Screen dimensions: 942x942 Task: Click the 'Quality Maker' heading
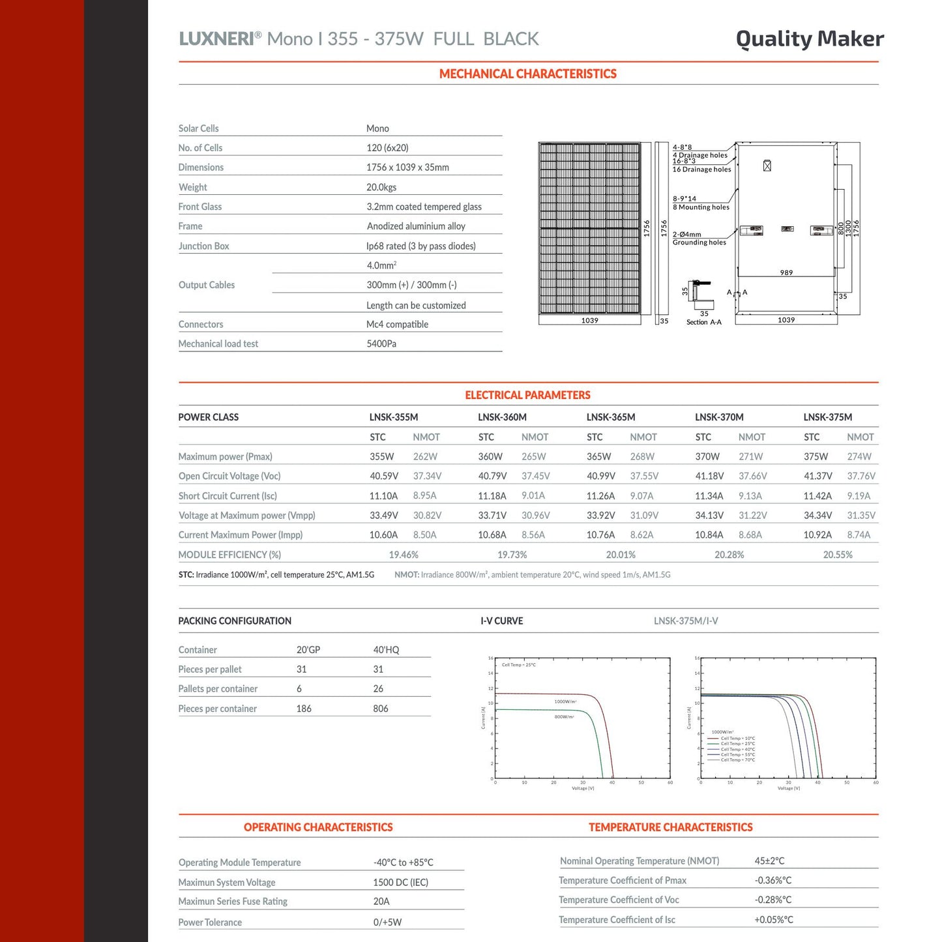pyautogui.click(x=810, y=39)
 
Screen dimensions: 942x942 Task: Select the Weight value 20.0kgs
pyautogui.click(x=381, y=187)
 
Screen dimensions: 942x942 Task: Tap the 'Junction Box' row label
pyautogui.click(x=204, y=246)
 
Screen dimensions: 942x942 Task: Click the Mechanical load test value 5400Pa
pyautogui.click(x=381, y=344)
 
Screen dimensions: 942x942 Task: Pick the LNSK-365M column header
pyautogui.click(x=611, y=417)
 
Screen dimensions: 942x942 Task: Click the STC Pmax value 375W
pyautogui.click(x=816, y=456)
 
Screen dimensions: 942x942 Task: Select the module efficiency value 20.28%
pyautogui.click(x=729, y=555)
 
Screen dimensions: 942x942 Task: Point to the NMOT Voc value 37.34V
pyautogui.click(x=427, y=476)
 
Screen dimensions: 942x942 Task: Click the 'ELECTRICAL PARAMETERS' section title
pyautogui.click(x=527, y=395)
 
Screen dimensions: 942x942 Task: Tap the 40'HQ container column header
pyautogui.click(x=386, y=650)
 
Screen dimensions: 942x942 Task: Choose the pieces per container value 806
pyautogui.click(x=381, y=709)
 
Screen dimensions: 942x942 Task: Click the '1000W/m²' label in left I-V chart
pyautogui.click(x=565, y=701)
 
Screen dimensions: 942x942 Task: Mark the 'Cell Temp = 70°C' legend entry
pyautogui.click(x=737, y=760)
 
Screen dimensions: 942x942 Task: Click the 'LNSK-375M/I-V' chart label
pyautogui.click(x=686, y=621)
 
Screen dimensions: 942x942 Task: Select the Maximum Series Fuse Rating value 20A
pyautogui.click(x=381, y=902)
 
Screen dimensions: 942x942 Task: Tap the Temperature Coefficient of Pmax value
pyautogui.click(x=773, y=880)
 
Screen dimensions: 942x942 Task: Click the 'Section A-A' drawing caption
pyautogui.click(x=703, y=323)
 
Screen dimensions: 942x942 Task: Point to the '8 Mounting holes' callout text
pyautogui.click(x=701, y=207)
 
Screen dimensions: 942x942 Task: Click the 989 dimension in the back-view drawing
pyautogui.click(x=786, y=272)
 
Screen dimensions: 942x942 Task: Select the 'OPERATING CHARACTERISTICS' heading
pyautogui.click(x=318, y=827)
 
